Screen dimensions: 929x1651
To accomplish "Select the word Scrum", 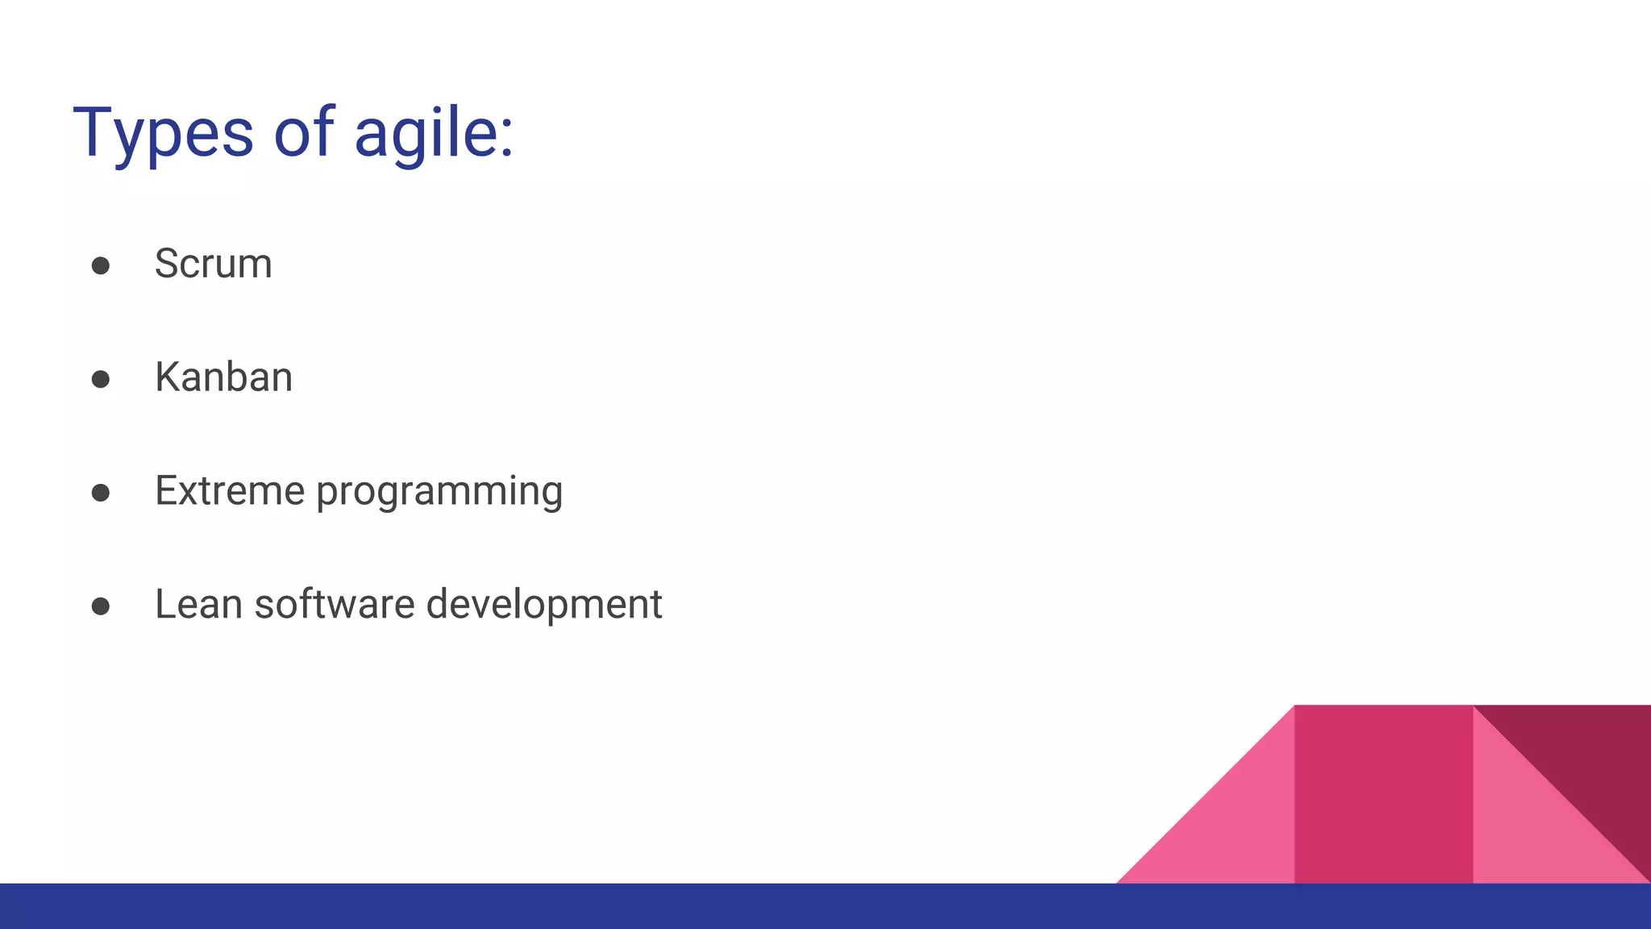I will click(x=213, y=264).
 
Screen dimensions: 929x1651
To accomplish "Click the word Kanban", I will click(x=223, y=377).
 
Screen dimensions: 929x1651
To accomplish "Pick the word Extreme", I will click(x=230, y=490).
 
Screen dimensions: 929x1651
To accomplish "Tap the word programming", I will click(x=439, y=492).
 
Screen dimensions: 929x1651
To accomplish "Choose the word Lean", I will click(x=198, y=604).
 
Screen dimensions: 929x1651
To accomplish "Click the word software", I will click(x=335, y=604).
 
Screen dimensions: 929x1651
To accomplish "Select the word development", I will click(x=544, y=605).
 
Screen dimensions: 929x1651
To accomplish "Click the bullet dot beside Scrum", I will click(x=101, y=266).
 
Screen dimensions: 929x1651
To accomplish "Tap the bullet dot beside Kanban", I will click(x=101, y=379).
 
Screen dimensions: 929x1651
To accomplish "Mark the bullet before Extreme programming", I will click(x=101, y=493).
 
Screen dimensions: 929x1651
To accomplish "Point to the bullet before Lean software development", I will click(x=101, y=606).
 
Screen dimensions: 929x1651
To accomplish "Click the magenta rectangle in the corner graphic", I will click(x=1383, y=794).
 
